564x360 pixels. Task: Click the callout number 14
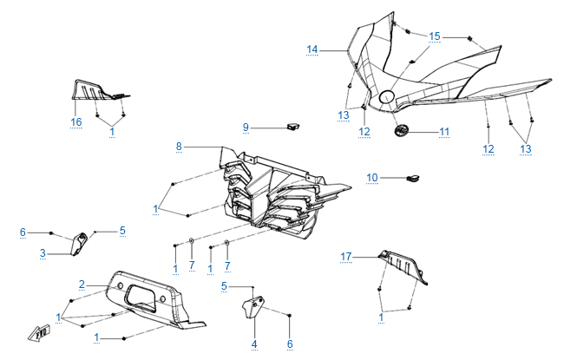pos(312,49)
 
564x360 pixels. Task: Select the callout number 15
pos(435,36)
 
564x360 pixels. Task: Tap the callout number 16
pos(76,122)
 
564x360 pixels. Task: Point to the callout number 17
pos(346,256)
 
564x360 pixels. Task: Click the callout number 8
pos(180,147)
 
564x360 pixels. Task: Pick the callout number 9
pos(246,128)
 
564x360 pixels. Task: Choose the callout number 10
pos(371,178)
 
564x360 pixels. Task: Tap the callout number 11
pos(443,132)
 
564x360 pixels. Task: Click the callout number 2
pos(82,285)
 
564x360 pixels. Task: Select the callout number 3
pos(42,252)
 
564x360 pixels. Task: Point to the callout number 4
pos(254,344)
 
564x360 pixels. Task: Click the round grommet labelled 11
pos(402,132)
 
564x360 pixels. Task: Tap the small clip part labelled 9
pos(292,127)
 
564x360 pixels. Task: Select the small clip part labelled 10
pos(413,179)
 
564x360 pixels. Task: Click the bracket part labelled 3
pos(79,244)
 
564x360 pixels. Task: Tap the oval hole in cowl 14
pos(387,95)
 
